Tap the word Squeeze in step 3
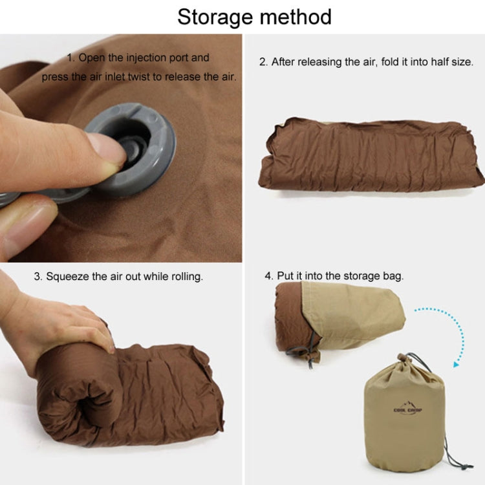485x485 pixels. click(67, 276)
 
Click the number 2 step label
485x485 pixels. click(263, 62)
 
